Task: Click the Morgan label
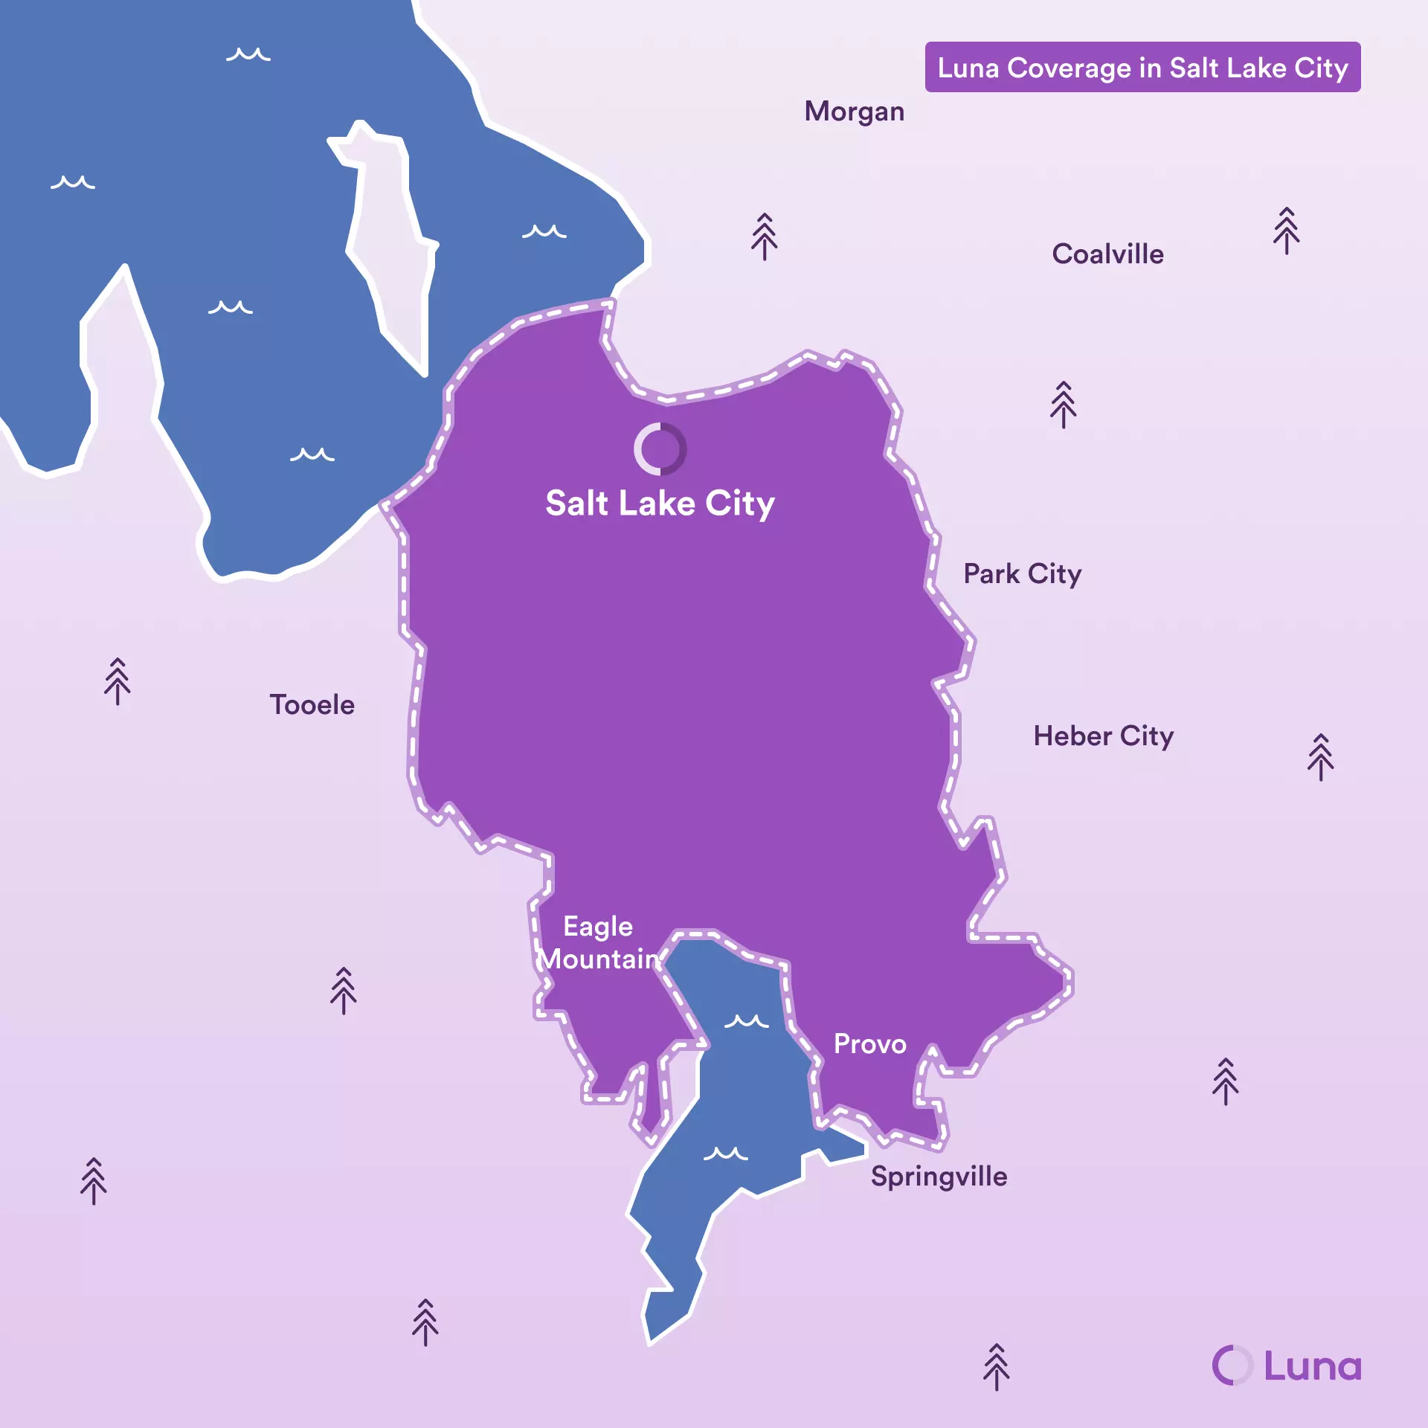(x=854, y=112)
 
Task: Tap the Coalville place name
(x=1107, y=254)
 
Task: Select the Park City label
(x=1022, y=574)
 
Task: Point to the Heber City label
(x=1103, y=736)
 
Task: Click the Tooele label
(x=312, y=705)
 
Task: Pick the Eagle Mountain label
(x=599, y=943)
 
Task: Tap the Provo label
(x=869, y=1044)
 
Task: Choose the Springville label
(x=939, y=1177)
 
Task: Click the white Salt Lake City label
(x=660, y=504)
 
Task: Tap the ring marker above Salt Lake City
(x=660, y=449)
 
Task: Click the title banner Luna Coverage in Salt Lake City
(x=1142, y=68)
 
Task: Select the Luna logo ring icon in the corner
(x=1232, y=1366)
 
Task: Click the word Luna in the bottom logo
(x=1313, y=1366)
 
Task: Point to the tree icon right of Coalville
(x=1286, y=231)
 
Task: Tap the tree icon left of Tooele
(x=118, y=681)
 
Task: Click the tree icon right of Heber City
(x=1320, y=757)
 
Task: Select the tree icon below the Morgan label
(x=764, y=237)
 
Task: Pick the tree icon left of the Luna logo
(x=996, y=1367)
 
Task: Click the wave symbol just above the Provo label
(x=746, y=1021)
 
